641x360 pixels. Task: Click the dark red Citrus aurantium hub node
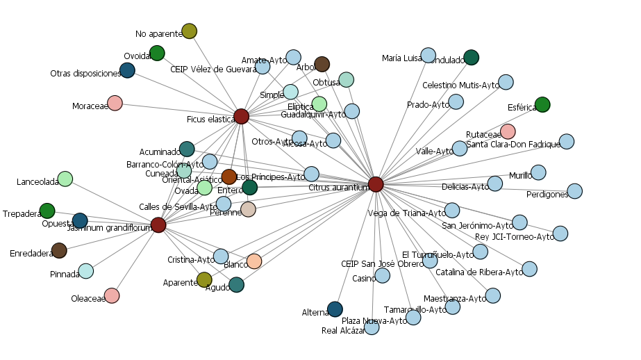click(x=376, y=184)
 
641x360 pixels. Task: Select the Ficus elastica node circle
click(x=241, y=116)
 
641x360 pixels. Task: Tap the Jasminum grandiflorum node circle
click(x=158, y=224)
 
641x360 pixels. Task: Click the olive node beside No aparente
click(x=189, y=31)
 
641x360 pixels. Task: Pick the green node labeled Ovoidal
click(x=157, y=53)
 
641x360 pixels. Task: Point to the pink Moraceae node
click(x=115, y=103)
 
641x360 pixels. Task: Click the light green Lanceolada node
click(x=65, y=179)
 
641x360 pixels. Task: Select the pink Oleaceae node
click(x=112, y=295)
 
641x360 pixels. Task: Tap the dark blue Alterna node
click(x=335, y=309)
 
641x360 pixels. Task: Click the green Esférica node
click(x=542, y=104)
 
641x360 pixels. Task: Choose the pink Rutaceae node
click(x=508, y=131)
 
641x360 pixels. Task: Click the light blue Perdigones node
click(x=574, y=190)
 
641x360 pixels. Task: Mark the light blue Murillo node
click(x=538, y=172)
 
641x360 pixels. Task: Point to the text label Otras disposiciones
click(x=85, y=74)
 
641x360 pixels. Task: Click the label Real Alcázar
click(x=343, y=331)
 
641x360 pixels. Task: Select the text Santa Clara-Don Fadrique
click(x=513, y=145)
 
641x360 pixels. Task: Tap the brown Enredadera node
click(x=59, y=250)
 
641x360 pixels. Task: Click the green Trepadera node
click(x=47, y=211)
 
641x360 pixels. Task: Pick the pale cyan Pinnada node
click(x=85, y=271)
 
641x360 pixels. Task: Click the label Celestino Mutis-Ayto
click(x=460, y=85)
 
